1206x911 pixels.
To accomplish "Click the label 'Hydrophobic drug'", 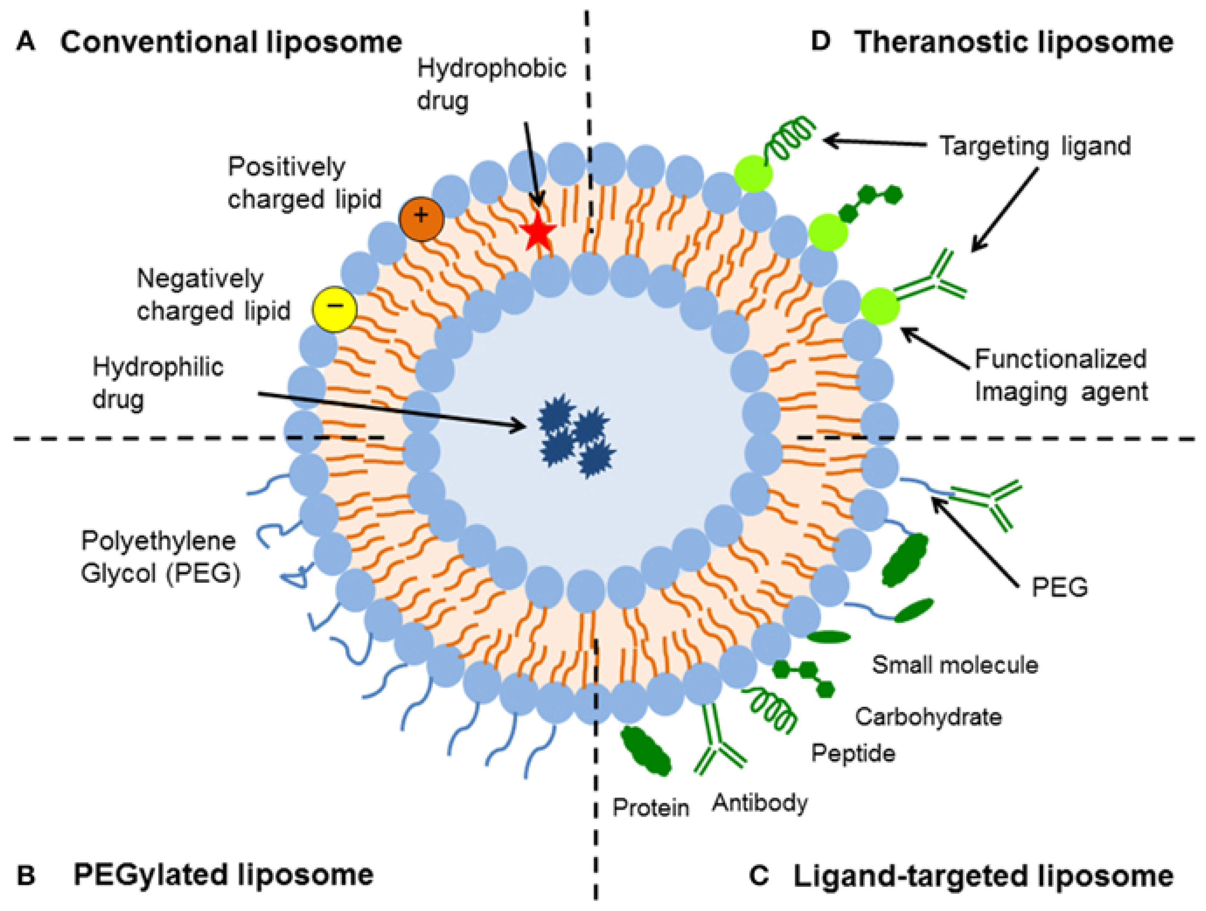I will pos(491,85).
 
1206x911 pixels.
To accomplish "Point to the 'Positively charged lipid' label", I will pos(304,182).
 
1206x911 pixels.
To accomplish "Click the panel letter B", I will pos(26,876).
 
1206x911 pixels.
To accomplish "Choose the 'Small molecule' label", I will pos(955,665).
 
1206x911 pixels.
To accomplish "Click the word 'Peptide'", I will pos(853,753).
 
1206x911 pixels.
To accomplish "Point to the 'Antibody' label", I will pos(759,802).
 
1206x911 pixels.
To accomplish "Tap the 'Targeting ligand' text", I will pos(1034,146).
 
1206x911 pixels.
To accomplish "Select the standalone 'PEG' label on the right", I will pos(1059,587).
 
